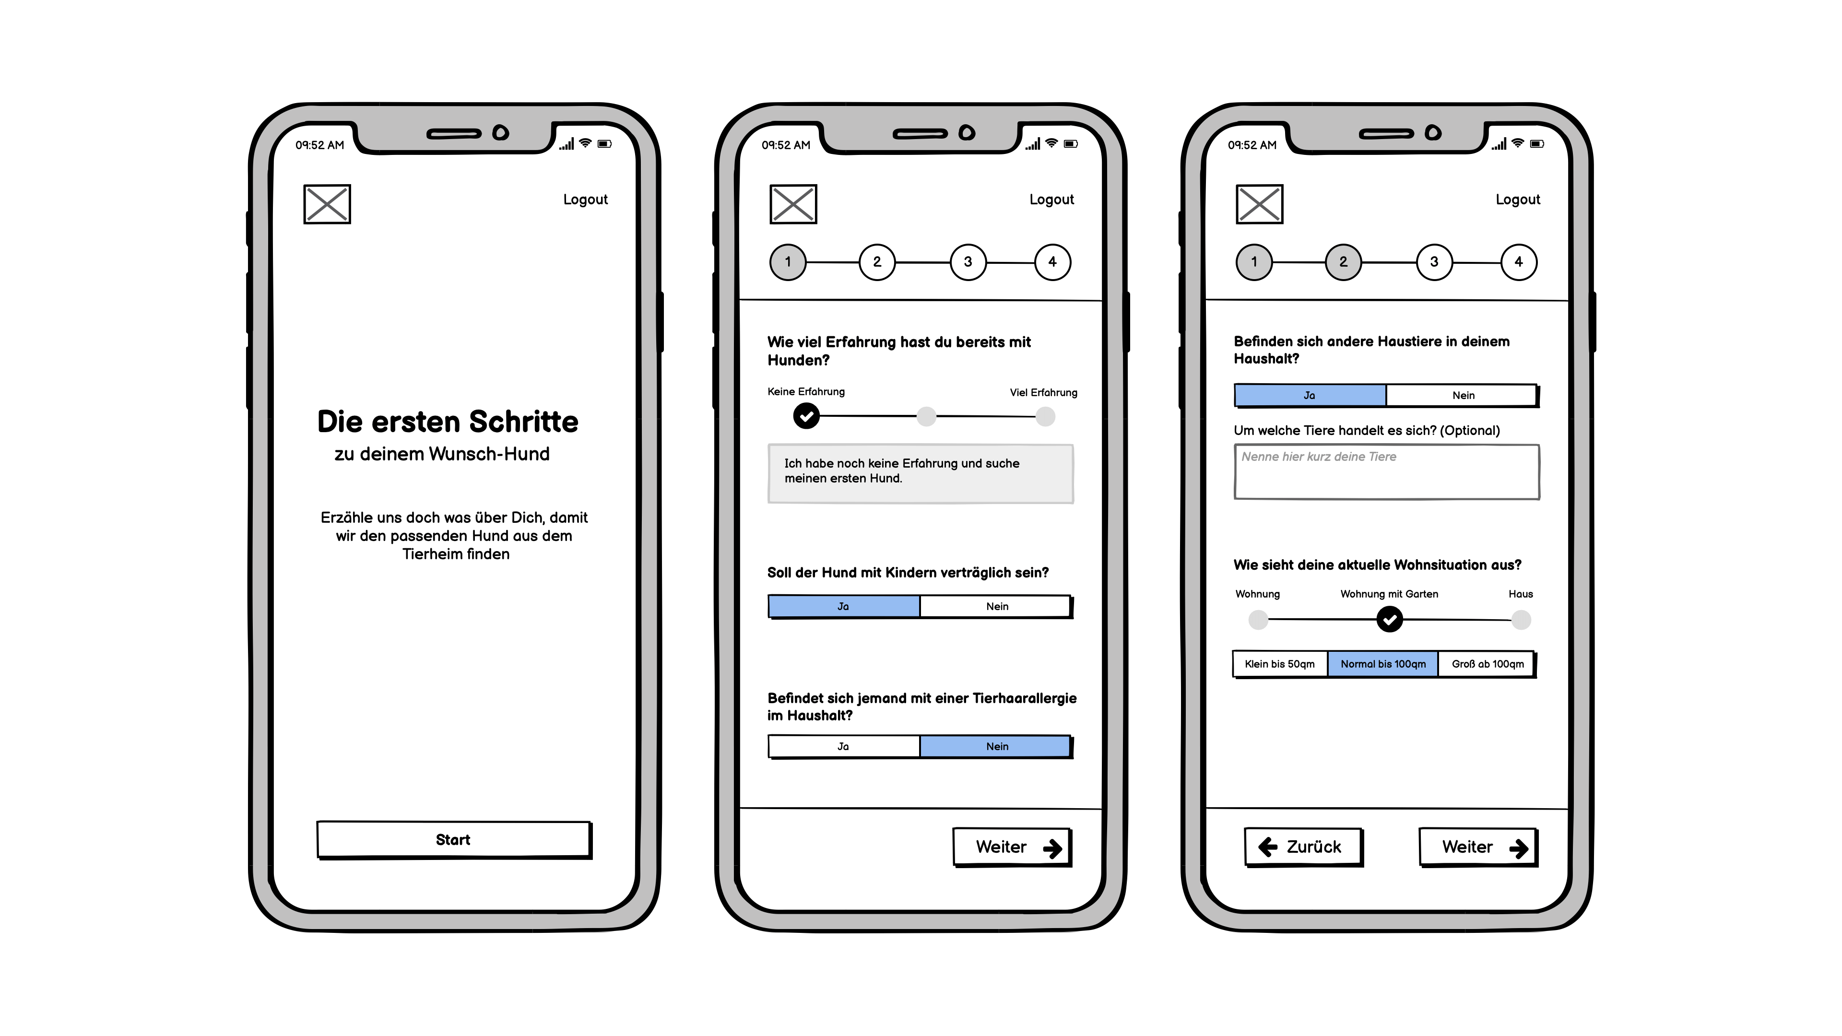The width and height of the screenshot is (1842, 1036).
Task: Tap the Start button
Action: point(453,839)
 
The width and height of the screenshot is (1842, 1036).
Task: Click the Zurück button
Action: point(1302,847)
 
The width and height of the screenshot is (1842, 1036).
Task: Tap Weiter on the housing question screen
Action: point(1477,847)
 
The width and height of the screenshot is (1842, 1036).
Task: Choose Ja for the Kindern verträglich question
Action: point(844,606)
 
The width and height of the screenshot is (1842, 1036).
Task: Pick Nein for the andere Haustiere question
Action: point(1462,395)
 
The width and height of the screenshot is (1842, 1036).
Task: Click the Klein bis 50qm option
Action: point(1279,664)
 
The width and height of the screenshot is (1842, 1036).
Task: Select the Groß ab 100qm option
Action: point(1487,664)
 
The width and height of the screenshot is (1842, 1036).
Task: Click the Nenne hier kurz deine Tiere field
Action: point(1386,472)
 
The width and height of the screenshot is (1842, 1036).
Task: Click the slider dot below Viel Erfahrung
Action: point(1045,417)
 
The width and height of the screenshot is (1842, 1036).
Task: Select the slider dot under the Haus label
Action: point(1521,620)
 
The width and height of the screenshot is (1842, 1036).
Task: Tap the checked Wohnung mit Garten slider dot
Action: point(1389,619)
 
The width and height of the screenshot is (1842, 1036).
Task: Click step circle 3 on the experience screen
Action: point(968,262)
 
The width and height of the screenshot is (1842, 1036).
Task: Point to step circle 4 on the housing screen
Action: point(1518,262)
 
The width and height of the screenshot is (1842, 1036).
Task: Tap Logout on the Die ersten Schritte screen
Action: point(585,200)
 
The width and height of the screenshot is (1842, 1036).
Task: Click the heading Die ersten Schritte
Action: point(448,422)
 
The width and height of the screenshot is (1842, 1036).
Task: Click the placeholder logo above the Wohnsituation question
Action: point(1259,204)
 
